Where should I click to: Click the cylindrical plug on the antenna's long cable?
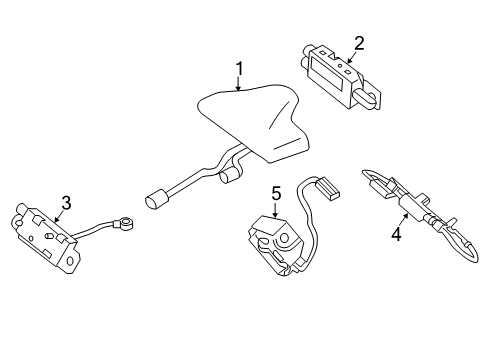point(155,202)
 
